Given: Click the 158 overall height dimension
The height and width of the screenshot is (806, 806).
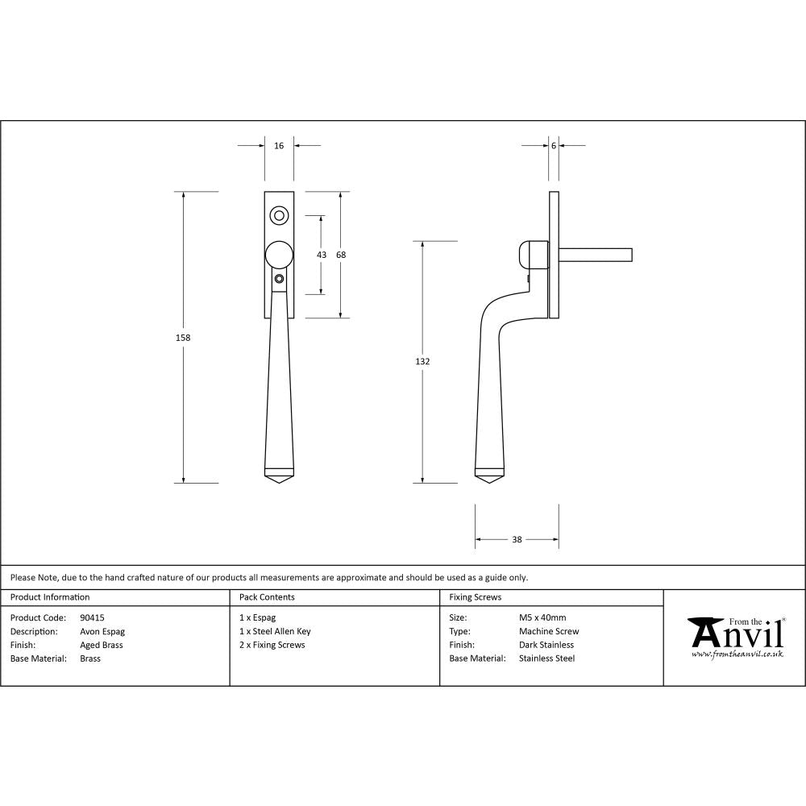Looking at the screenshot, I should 183,338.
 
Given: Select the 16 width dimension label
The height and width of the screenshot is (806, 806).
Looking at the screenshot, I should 279,146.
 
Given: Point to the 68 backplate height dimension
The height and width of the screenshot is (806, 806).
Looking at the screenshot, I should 341,255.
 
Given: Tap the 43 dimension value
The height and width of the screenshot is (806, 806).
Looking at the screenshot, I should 322,255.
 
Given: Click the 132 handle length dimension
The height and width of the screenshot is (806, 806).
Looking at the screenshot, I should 422,362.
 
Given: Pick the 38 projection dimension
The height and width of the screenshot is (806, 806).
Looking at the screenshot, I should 517,539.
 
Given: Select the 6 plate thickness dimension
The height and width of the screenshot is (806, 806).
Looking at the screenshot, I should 554,146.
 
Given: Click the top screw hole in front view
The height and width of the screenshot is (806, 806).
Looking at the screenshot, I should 279,215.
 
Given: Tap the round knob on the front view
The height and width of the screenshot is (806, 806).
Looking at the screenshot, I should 279,254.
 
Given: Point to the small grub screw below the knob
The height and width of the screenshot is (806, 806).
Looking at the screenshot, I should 279,279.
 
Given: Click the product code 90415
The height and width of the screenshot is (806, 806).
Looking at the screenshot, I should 92,618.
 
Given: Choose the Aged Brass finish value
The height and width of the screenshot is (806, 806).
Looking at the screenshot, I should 102,645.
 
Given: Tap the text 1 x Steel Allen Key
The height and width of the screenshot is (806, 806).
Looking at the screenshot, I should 275,632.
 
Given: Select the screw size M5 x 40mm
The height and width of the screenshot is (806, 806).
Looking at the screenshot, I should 542,618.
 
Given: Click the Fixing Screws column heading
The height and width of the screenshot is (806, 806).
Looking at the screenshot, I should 475,597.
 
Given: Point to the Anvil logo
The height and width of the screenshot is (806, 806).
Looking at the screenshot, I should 735,638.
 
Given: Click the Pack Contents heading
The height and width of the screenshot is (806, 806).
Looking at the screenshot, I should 267,597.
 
